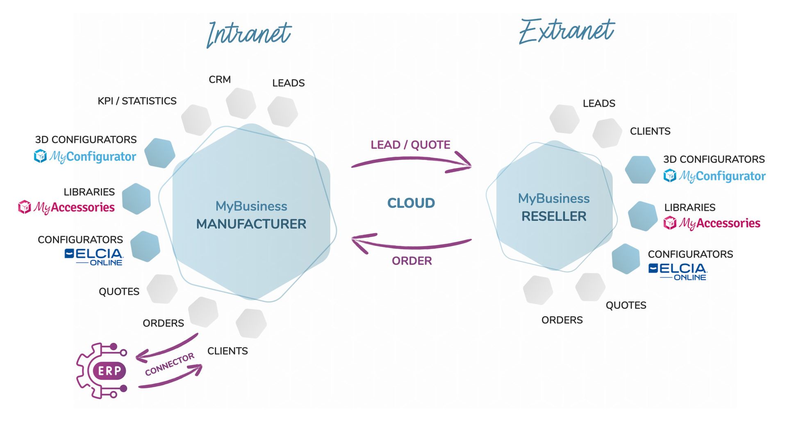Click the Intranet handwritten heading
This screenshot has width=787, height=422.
coord(249,34)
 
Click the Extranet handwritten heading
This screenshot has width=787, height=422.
coord(567,32)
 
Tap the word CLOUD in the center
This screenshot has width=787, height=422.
coord(411,203)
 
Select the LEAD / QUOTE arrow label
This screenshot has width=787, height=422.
coord(410,145)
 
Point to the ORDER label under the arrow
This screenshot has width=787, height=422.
coord(412,261)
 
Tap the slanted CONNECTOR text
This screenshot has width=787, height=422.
coord(169,364)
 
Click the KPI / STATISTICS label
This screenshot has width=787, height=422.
coord(137,101)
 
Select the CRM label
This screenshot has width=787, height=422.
coord(220,80)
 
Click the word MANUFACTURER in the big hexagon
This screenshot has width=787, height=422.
coord(251,224)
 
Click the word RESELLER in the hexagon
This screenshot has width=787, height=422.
coord(554,216)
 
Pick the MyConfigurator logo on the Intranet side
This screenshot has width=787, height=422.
coord(85,156)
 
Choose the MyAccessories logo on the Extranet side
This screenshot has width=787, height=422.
coord(712,223)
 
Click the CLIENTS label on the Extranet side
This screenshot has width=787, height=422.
coord(650,131)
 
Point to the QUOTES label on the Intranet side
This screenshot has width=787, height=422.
coord(119,292)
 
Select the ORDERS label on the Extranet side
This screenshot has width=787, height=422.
coord(562,320)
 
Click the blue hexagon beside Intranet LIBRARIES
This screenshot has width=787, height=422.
coord(136,199)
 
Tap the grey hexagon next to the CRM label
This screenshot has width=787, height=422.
coord(241,103)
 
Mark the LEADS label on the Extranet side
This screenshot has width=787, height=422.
coord(599,103)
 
